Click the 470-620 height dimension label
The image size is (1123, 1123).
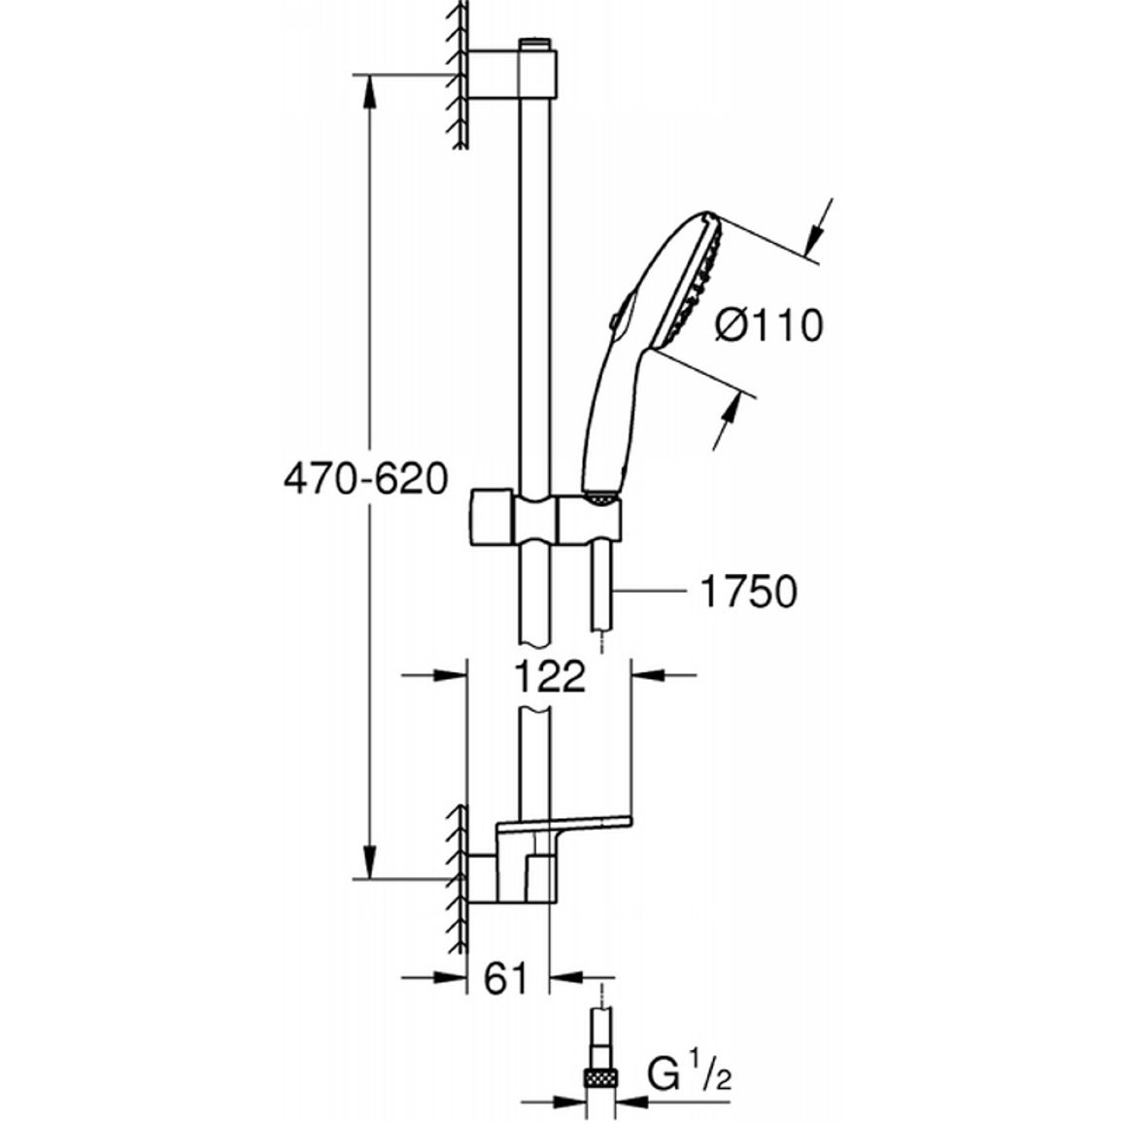click(366, 478)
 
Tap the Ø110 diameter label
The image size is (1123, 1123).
click(769, 325)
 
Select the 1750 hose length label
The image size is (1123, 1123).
click(748, 592)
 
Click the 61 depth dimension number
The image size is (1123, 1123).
click(505, 977)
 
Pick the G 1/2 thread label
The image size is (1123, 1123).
click(690, 1072)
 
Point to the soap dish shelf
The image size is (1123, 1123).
click(564, 825)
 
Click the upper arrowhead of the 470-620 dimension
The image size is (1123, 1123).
click(369, 93)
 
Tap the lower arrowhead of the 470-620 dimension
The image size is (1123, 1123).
click(369, 860)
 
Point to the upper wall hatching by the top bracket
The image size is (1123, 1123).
click(457, 75)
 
